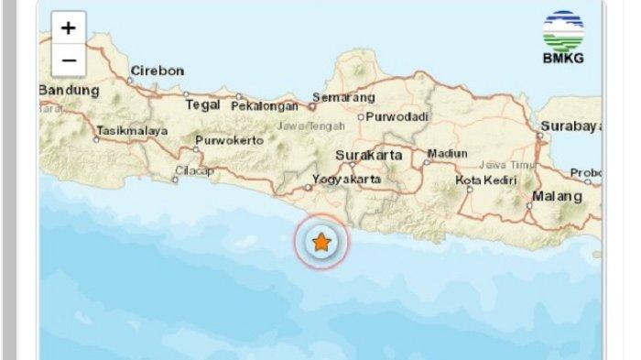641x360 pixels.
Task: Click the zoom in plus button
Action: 69,27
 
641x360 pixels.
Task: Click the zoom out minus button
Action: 69,60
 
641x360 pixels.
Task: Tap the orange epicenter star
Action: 321,243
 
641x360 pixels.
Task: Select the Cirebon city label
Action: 158,71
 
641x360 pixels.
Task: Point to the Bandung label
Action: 70,91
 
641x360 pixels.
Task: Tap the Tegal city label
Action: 203,104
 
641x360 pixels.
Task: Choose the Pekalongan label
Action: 266,105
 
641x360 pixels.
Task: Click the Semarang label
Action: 343,96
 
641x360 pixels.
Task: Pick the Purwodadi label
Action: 397,116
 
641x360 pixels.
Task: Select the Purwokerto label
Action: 229,140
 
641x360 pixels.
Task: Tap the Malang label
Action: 558,196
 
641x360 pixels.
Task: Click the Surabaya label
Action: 569,125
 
